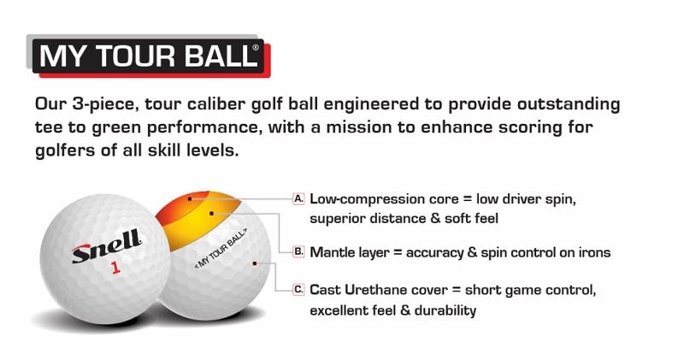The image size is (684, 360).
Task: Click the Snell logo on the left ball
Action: coord(107,246)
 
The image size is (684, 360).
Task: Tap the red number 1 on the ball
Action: coord(115,267)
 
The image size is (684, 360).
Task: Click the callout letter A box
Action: coord(298,199)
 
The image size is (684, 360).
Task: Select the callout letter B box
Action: coord(298,251)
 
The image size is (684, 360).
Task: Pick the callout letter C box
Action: coord(298,289)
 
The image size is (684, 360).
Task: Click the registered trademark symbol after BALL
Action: coord(256,48)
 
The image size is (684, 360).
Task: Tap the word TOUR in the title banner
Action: coord(134,56)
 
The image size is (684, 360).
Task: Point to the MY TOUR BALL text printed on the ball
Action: coord(221,248)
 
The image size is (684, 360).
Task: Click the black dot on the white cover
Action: coord(255,263)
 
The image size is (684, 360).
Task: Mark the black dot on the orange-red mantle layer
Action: coord(190,199)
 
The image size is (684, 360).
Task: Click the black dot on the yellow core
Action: coord(211,214)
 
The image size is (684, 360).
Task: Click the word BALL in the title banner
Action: coord(220,56)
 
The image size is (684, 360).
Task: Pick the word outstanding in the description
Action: coord(569,104)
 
